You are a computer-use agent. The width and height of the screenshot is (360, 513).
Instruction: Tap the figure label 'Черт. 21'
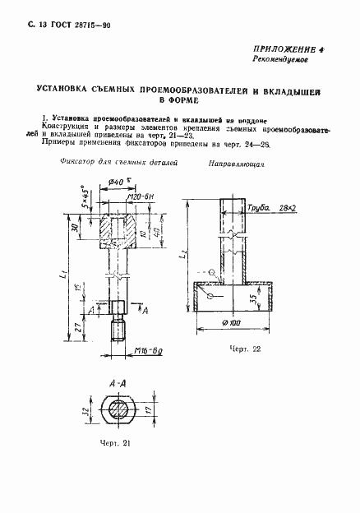(x=114, y=444)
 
